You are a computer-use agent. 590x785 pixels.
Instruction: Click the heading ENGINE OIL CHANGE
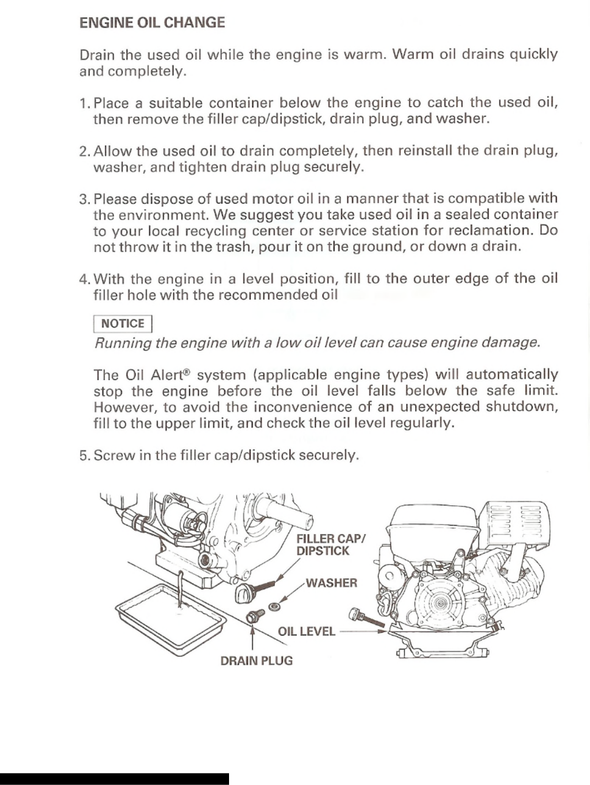coord(152,23)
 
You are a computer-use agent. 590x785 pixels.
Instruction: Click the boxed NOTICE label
coord(122,324)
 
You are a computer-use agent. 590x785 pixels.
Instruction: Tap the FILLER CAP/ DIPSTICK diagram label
coord(330,544)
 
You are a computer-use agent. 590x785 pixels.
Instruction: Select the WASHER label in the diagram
coord(331,583)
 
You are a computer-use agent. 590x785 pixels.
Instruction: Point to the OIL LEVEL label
coord(306,631)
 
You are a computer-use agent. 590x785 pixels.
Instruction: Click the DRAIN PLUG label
coord(256,660)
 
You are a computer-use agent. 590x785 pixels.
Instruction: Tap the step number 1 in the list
coord(84,103)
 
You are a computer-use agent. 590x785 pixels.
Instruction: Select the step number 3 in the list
coord(84,199)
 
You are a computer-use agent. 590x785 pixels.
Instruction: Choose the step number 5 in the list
coord(84,456)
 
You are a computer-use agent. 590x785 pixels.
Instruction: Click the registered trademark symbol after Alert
coord(187,372)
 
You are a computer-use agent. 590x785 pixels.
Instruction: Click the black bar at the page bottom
coord(114,778)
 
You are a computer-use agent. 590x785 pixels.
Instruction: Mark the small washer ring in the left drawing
coord(273,607)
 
